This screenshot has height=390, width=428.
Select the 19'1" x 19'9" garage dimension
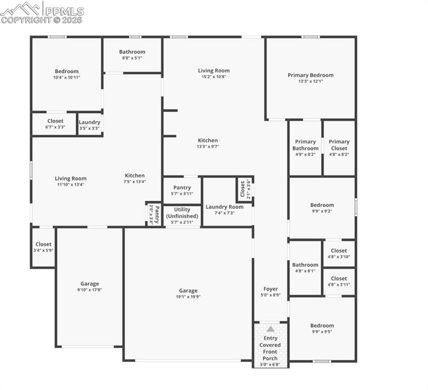[x=188, y=297]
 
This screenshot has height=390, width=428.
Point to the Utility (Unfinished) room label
[x=182, y=213]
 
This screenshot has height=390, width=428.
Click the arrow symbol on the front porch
[x=270, y=329]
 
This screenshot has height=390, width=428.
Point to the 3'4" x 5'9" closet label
[x=43, y=247]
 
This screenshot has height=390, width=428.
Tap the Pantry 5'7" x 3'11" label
[x=182, y=190]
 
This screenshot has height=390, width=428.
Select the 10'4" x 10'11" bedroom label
[x=67, y=74]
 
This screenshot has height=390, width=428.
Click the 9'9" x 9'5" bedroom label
[x=322, y=329]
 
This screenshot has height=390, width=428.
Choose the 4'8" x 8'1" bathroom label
[x=305, y=268]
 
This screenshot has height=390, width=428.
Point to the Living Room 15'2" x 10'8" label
[x=213, y=74]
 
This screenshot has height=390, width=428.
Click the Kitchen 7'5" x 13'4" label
[x=135, y=178]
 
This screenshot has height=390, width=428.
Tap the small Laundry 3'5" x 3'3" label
[x=89, y=125]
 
